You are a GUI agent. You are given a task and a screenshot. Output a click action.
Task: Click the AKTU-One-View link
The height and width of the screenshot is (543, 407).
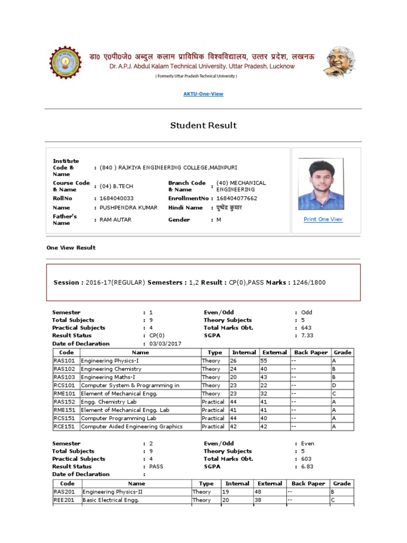pos(203,94)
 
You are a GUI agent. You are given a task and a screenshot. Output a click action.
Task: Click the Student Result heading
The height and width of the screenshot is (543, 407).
pos(203,126)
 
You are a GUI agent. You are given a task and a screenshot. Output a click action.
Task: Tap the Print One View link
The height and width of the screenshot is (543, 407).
pos(323,220)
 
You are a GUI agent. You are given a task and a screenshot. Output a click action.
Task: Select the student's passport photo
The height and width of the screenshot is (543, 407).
pos(320,183)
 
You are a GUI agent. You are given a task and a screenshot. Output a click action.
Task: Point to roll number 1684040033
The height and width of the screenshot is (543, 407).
pos(113,198)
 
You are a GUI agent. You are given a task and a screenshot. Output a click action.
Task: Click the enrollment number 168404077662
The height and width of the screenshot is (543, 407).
pos(237,198)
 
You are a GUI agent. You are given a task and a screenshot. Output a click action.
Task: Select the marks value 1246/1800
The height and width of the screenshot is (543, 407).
pos(308,283)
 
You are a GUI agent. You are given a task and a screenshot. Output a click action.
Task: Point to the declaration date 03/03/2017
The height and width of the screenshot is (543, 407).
pos(165,344)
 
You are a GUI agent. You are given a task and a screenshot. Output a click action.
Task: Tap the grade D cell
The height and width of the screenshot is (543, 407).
pos(341,386)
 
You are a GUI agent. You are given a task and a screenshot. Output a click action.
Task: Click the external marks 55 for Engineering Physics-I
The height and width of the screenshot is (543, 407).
pos(263,361)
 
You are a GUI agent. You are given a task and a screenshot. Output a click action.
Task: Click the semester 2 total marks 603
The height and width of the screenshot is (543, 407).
pos(306,459)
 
